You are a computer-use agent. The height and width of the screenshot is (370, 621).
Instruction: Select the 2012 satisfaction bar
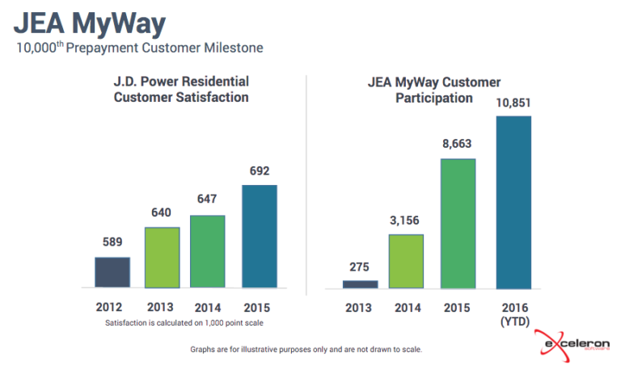click(112, 272)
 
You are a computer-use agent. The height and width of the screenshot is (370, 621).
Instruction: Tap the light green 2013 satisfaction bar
click(162, 257)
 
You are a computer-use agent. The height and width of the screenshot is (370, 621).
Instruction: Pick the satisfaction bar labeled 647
click(208, 251)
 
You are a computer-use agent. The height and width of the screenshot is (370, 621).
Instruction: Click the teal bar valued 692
click(259, 236)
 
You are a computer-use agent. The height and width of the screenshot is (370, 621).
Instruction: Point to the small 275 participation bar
click(360, 284)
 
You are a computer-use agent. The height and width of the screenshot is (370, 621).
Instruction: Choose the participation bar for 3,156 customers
click(406, 261)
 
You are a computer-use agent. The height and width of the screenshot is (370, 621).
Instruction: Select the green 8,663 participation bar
click(458, 223)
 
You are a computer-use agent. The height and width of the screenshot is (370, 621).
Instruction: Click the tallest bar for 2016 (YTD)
click(513, 202)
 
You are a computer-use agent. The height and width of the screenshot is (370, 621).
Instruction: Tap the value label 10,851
click(513, 103)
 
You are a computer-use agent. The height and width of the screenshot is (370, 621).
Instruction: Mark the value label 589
click(112, 242)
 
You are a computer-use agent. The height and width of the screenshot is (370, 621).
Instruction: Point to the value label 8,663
click(457, 145)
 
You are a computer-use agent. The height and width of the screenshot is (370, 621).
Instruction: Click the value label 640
click(162, 212)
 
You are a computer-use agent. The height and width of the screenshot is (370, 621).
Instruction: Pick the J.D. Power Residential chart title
click(180, 90)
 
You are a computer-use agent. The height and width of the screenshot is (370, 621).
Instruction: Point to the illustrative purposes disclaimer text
click(306, 350)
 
